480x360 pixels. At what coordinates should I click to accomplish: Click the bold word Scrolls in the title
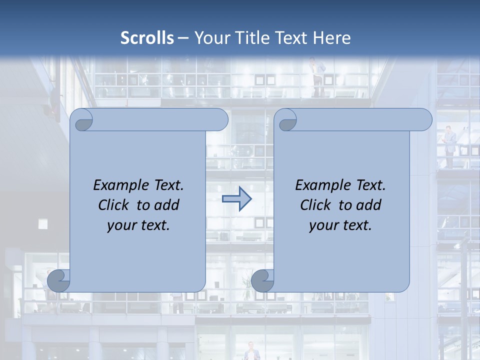pos(147,38)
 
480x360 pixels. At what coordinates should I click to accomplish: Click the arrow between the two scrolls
pos(236,199)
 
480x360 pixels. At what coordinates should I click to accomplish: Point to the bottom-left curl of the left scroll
pos(59,281)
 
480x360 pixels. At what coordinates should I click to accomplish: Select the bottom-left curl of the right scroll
pos(263,281)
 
